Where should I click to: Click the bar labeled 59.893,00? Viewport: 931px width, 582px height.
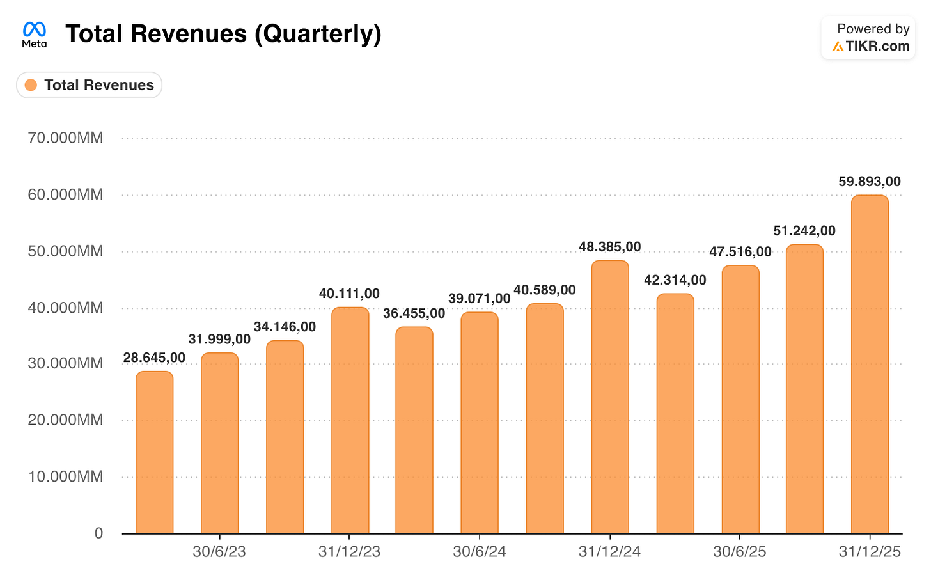coord(870,364)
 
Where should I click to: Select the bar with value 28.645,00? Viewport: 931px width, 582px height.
coord(155,452)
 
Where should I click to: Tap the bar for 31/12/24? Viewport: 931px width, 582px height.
coord(610,397)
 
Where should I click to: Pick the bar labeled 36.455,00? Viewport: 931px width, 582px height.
coord(414,430)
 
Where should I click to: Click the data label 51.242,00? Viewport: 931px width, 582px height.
coord(804,231)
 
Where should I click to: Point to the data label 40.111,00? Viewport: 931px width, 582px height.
coord(349,294)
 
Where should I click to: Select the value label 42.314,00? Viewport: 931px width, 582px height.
coord(675,280)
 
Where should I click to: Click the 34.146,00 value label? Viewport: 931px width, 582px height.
coord(285,327)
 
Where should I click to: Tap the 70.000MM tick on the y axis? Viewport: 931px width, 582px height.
coord(65,138)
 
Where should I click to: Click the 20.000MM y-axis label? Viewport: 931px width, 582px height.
coord(65,420)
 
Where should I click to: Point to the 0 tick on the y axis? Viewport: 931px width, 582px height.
coord(98,533)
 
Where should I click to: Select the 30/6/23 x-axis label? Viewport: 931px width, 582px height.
coord(219,552)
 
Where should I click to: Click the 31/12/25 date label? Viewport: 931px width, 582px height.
coord(870,552)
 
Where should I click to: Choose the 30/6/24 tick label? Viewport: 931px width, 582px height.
coord(480,552)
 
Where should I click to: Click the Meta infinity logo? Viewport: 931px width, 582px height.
coord(35,29)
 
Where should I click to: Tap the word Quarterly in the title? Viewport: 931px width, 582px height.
coord(318,34)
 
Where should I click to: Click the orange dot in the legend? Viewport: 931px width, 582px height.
coord(31,85)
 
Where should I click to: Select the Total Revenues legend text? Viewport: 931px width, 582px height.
coord(99,85)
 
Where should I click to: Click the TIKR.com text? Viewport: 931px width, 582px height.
coord(877,46)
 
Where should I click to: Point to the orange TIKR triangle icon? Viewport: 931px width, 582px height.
coord(838,47)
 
